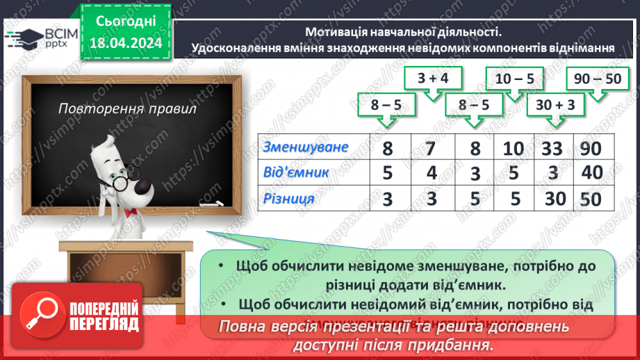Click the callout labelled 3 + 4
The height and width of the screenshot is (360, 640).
tap(434, 79)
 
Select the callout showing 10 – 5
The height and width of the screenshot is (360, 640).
tap(515, 79)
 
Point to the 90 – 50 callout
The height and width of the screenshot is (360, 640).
tap(594, 79)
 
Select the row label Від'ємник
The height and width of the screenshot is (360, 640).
tap(296, 172)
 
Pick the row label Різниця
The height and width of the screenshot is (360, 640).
tap(288, 199)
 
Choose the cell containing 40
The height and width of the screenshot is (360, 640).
tap(592, 173)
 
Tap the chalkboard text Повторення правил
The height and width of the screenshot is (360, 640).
tap(127, 109)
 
